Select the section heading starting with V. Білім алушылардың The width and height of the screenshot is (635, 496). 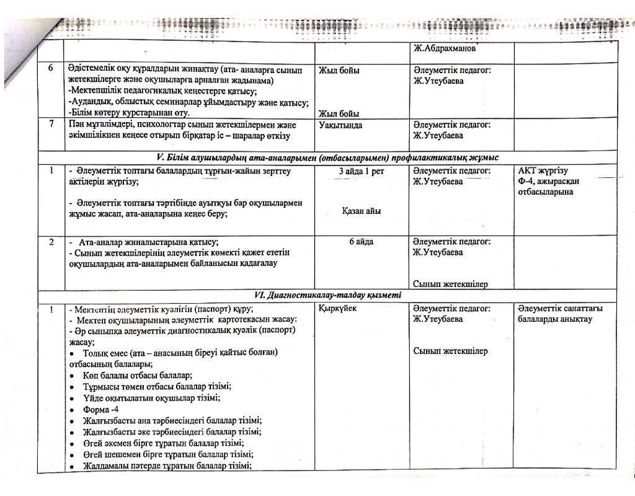pyautogui.click(x=329, y=157)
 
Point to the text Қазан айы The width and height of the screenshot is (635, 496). pyautogui.click(x=361, y=211)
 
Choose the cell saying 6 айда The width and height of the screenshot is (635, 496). pyautogui.click(x=361, y=242)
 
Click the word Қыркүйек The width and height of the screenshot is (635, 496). pyautogui.click(x=337, y=309)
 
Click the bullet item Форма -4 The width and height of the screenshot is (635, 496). pyautogui.click(x=101, y=410)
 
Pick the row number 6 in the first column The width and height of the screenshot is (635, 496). pyautogui.click(x=51, y=69)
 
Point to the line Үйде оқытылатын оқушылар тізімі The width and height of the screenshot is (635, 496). pyautogui.click(x=151, y=398)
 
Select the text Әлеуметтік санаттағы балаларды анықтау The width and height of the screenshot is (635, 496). pyautogui.click(x=559, y=314)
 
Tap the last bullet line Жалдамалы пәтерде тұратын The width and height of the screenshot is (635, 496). pyautogui.click(x=167, y=466)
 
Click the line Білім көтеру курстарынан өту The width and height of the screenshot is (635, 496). pyautogui.click(x=129, y=113)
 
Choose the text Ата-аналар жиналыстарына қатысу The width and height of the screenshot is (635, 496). pyautogui.click(x=148, y=242)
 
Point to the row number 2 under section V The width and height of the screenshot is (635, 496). pyautogui.click(x=51, y=242)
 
